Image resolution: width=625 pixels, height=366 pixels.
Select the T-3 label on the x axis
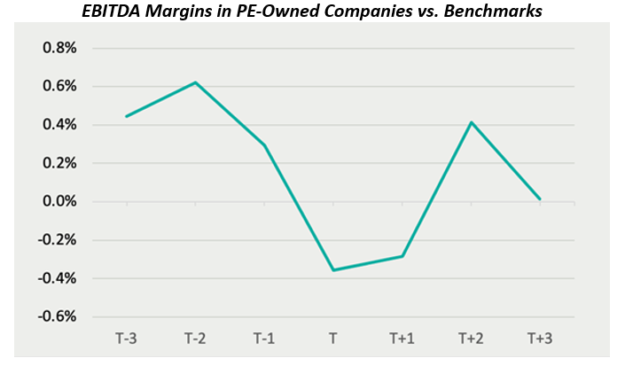128,338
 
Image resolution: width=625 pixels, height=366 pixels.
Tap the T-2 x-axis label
196,338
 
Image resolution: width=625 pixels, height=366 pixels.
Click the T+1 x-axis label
402,338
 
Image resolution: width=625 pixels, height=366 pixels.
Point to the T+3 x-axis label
540,338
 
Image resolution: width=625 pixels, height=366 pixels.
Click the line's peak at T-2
196,82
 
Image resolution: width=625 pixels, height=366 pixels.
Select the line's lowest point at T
333,269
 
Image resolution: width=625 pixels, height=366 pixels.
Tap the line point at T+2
472,122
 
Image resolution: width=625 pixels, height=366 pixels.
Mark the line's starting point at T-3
128,116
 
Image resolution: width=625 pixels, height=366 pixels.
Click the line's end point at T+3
540,199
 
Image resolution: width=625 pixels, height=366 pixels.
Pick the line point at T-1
264,145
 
